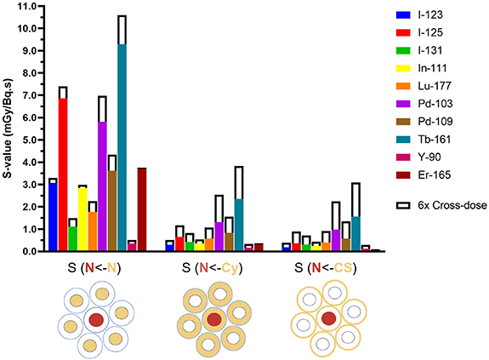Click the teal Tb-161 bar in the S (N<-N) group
point(122,147)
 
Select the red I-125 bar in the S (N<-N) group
point(63,174)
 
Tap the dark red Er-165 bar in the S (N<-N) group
point(142,209)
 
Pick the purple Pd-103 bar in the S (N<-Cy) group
point(219,236)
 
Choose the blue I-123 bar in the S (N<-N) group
point(53,217)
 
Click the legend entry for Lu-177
point(424,86)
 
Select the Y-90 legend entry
point(418,157)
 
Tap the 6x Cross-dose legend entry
point(441,205)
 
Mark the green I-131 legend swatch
point(403,50)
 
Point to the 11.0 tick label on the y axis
point(27,6)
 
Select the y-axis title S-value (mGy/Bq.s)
point(8,129)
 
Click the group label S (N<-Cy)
point(213,268)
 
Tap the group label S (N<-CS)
point(326,268)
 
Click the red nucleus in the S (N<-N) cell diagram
point(96,320)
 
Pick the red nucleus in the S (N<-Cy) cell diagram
point(214,319)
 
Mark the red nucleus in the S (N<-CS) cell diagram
point(329,318)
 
